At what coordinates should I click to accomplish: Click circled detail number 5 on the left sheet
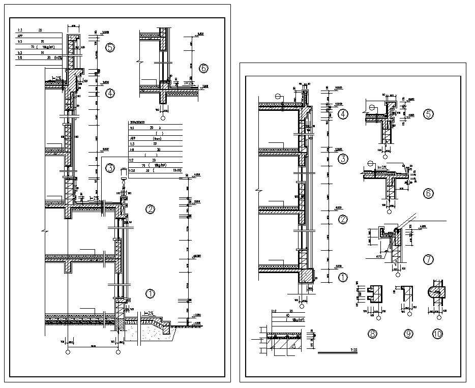[110, 48]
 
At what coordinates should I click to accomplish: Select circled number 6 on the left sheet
[204, 68]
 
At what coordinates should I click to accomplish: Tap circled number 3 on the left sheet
[110, 168]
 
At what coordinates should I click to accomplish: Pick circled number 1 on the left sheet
[150, 293]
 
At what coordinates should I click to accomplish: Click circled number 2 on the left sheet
[150, 209]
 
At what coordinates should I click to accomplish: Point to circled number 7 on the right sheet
[429, 260]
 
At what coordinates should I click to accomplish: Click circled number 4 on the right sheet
[343, 114]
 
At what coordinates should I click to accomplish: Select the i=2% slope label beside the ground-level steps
[149, 314]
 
